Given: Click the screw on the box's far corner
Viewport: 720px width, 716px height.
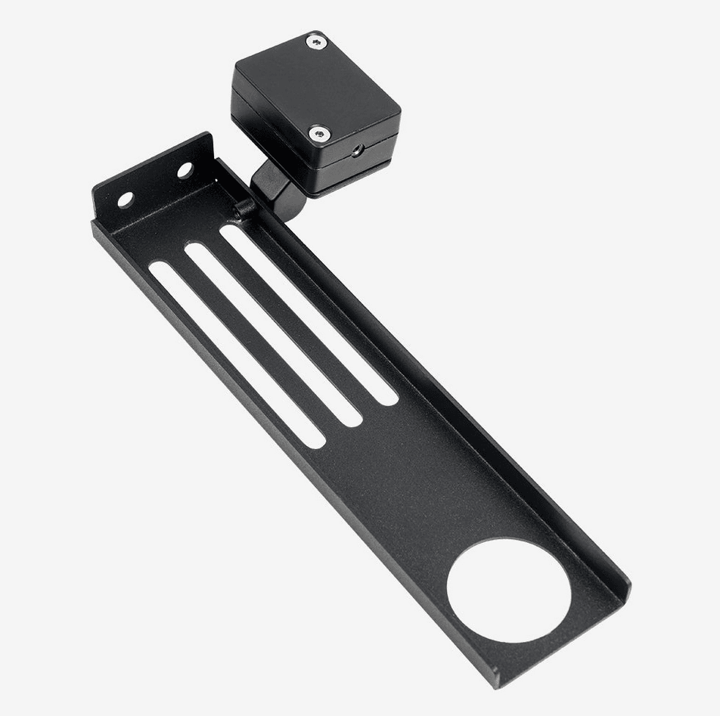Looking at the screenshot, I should coord(317,42).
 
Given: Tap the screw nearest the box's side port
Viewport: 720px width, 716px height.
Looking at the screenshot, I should coord(320,134).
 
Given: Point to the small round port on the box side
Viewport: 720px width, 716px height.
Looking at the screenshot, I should coord(355,150).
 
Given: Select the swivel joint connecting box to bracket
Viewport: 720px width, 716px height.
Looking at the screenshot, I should coord(276,188).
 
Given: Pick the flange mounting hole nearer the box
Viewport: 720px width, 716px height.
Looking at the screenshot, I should coord(185,171).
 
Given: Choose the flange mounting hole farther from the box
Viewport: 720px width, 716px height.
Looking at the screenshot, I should coord(126,200).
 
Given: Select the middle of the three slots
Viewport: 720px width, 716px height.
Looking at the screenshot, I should coord(272,333).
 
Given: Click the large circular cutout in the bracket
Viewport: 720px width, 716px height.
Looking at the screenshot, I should coord(508,590).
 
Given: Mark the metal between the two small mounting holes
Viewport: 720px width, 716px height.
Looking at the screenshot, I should coord(155,185).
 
